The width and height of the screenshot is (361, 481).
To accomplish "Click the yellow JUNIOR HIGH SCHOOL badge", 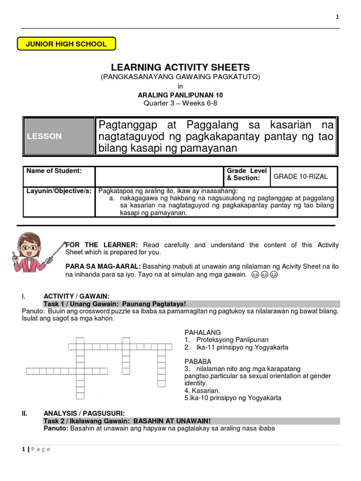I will click(66, 44).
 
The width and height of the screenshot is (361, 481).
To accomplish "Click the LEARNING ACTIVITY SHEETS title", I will click(180, 67).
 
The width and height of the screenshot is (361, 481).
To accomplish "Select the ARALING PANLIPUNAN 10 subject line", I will click(180, 94).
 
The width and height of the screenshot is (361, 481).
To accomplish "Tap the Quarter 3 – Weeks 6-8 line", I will click(180, 103).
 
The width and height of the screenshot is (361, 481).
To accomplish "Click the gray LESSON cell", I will click(59, 136).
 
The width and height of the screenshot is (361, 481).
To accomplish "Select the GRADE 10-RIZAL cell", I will click(301, 177).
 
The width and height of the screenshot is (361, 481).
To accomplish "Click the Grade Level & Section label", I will click(247, 174).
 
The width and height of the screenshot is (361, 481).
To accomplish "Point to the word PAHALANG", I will click(203, 332).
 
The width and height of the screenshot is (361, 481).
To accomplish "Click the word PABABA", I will click(198, 361).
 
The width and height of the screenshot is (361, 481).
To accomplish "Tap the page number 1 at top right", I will click(337, 17).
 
